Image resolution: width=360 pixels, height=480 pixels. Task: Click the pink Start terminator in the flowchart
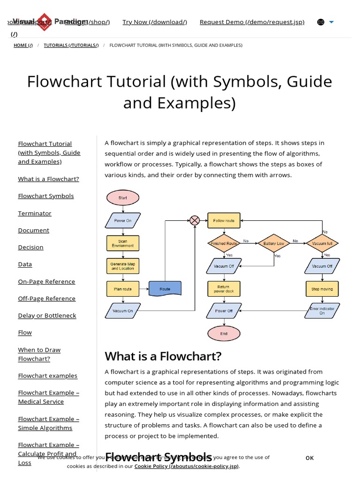click(x=123, y=198)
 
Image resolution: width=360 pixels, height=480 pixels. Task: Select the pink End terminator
click(x=224, y=334)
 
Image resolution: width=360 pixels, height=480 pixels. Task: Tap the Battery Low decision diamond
click(x=273, y=243)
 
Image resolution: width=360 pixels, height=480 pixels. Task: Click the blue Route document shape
click(x=165, y=289)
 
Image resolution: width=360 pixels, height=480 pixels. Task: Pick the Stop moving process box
click(x=322, y=289)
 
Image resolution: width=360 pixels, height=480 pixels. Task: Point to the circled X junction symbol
click(x=195, y=220)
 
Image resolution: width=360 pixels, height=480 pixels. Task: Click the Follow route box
click(x=224, y=220)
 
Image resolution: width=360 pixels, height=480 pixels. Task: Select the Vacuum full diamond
click(x=322, y=243)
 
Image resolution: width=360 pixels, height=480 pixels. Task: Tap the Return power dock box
click(x=224, y=289)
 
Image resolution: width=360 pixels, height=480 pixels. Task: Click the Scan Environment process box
click(x=123, y=243)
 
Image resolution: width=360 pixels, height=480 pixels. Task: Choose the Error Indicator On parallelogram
click(x=322, y=311)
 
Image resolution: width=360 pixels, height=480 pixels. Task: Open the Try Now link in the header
click(x=155, y=22)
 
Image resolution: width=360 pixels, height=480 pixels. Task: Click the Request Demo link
click(x=252, y=22)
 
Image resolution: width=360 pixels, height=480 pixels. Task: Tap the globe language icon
click(x=321, y=22)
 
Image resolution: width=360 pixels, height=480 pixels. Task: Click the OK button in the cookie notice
click(x=309, y=458)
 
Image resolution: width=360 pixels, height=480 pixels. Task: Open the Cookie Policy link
click(x=187, y=466)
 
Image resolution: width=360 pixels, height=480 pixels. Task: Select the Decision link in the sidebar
click(x=30, y=247)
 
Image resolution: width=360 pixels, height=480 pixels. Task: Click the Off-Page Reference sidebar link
click(x=46, y=299)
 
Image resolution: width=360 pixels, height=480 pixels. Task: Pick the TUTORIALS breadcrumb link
click(x=71, y=45)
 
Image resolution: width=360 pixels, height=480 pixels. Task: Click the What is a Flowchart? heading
click(x=163, y=356)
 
